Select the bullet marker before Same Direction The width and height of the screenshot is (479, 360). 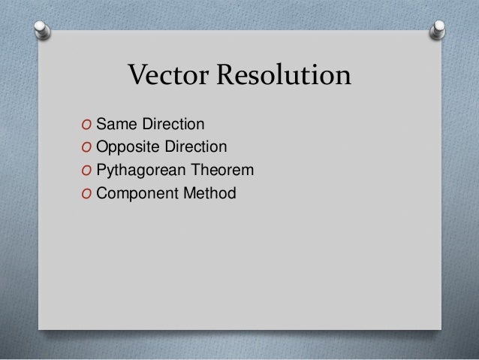pyautogui.click(x=88, y=123)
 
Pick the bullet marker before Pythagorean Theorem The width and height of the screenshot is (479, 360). pyautogui.click(x=88, y=171)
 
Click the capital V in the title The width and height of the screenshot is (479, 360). pyautogui.click(x=138, y=76)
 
